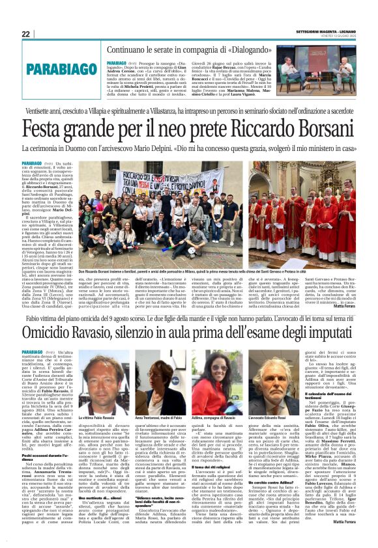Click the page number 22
click(x=25, y=34)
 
